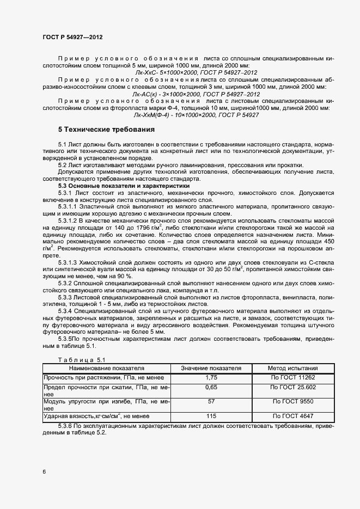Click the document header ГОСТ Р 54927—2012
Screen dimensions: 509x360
72,37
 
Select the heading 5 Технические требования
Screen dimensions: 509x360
107,130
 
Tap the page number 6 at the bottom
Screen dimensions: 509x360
44,471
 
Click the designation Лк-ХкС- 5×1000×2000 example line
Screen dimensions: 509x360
196,72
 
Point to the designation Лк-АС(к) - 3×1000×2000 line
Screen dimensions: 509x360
196,94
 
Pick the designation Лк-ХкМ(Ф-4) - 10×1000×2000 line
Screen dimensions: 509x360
196,115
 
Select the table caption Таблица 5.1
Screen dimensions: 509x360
77,360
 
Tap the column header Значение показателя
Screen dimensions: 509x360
211,368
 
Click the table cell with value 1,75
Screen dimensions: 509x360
211,377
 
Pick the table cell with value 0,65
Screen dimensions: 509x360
211,387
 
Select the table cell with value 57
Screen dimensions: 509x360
211,401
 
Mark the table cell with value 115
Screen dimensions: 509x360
211,416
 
